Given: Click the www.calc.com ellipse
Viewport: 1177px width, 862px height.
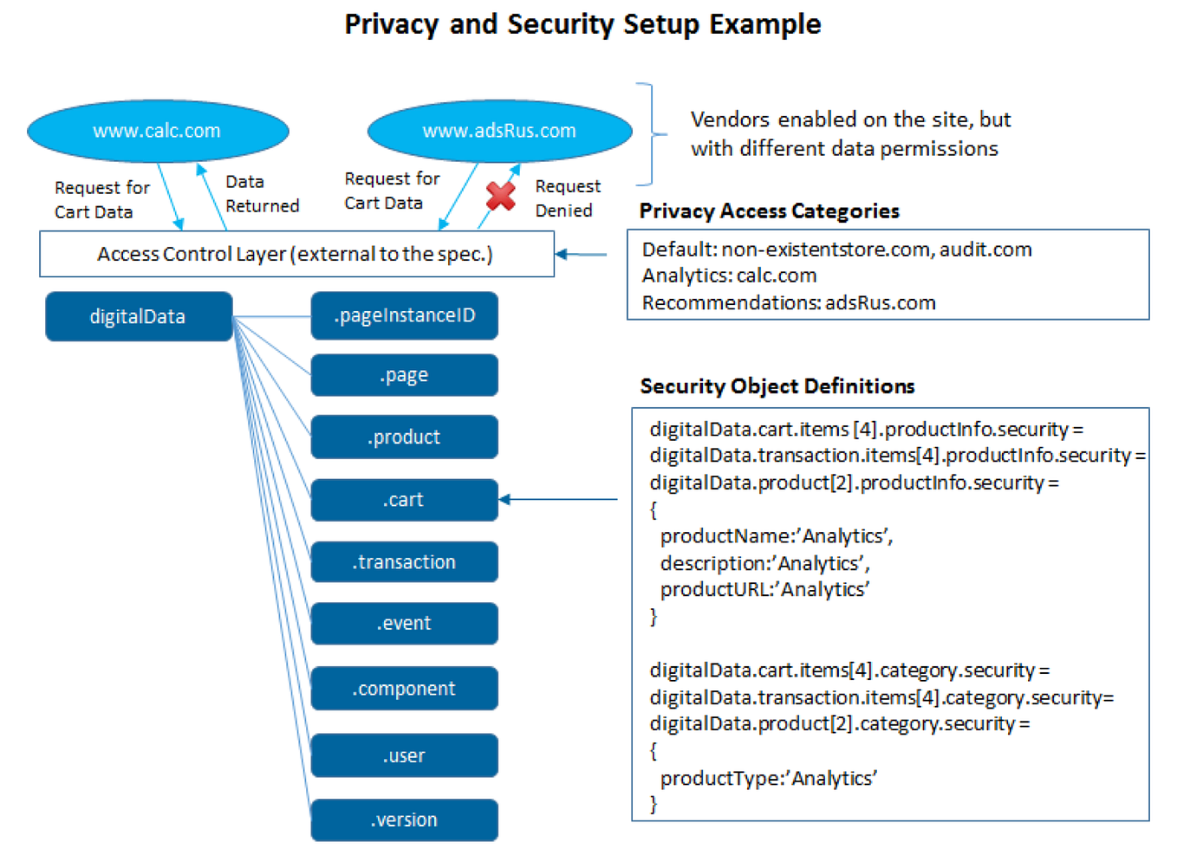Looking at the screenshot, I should coord(158,131).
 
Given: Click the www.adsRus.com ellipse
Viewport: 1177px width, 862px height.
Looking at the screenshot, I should coord(499,131).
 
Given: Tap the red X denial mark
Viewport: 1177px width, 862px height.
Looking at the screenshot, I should coord(501,196).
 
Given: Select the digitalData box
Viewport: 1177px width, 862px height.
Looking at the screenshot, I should coord(139,316).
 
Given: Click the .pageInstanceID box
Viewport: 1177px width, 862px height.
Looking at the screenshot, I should coord(404,315).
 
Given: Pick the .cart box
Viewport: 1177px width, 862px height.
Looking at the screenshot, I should coord(404,500).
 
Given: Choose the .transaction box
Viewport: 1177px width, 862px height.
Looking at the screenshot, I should coord(404,562).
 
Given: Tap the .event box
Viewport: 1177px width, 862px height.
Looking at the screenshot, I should coord(404,624).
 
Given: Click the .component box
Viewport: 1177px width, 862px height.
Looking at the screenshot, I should coord(404,689).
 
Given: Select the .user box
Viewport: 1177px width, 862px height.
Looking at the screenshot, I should coord(404,755).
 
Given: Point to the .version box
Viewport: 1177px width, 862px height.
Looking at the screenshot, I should coord(404,820).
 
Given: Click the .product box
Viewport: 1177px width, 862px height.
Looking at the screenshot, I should coord(404,437).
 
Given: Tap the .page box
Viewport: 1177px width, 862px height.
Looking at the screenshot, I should coord(404,375).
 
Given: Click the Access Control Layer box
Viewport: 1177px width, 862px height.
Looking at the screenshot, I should coord(296,254).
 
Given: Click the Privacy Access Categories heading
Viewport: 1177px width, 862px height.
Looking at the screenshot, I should coord(769,211).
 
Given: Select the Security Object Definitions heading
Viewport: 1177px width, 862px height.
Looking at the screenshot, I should coord(777,386).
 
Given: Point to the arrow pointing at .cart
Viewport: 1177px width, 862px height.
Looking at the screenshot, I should coord(558,499).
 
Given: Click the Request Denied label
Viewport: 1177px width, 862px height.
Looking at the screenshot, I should coord(567,198).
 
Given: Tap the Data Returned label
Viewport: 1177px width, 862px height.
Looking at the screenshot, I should coord(262,194).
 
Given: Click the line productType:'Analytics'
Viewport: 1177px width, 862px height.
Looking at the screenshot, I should coord(768,778).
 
